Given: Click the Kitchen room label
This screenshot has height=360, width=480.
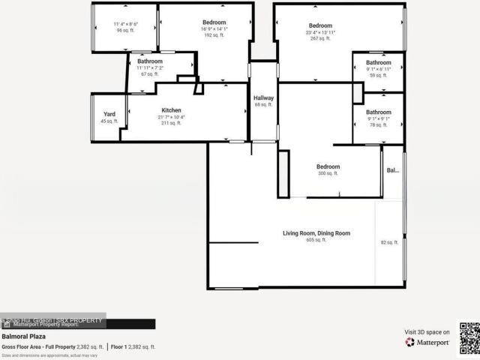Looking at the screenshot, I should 171,110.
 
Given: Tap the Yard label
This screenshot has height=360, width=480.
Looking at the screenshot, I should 109,114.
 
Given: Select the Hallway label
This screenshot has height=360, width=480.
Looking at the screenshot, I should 263,98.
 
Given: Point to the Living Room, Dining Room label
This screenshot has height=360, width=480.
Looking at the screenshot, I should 316,233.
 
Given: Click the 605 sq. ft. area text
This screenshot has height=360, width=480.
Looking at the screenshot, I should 316,241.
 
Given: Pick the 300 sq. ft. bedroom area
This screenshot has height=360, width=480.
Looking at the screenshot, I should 328,173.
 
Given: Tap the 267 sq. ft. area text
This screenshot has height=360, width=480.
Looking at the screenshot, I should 319,38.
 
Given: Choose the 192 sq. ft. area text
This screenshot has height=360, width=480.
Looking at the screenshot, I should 208,34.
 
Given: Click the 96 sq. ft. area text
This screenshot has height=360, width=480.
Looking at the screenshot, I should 124,31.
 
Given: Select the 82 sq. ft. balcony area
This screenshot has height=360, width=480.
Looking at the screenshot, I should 389,242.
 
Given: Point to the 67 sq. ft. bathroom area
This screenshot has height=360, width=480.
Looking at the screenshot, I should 150,74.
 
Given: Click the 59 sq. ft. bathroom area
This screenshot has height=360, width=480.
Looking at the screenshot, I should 379,75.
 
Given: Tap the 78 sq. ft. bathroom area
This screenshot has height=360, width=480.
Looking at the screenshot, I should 379,124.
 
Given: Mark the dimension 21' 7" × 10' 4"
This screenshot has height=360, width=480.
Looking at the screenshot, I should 171,117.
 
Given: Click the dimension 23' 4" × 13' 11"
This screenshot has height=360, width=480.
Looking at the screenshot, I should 319,32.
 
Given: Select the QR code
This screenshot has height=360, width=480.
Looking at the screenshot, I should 468,337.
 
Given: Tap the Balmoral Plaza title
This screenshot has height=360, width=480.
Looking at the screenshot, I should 20,337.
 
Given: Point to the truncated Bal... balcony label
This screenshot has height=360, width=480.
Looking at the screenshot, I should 392,170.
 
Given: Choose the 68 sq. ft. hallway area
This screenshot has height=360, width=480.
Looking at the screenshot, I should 263,105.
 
